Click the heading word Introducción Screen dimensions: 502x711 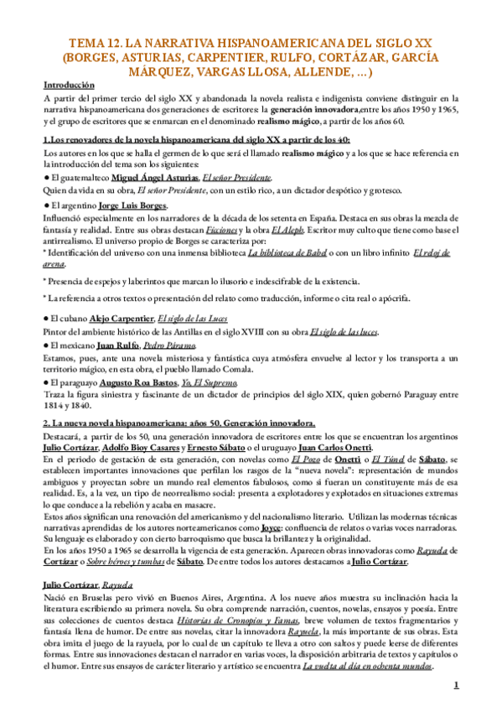click(x=69, y=85)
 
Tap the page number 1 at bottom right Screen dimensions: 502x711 click(x=455, y=685)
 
